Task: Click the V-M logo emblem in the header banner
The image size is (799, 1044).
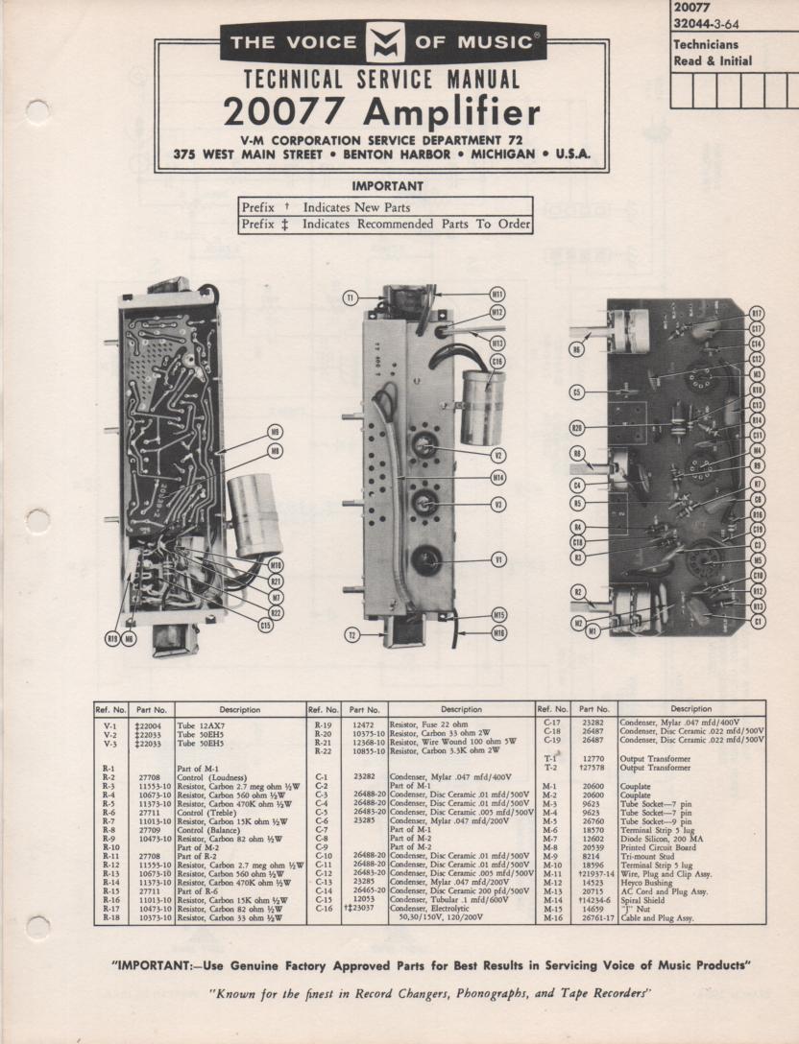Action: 383,43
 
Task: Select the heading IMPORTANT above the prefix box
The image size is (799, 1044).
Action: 387,186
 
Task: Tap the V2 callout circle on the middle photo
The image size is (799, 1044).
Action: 498,455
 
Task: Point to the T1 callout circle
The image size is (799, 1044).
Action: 351,299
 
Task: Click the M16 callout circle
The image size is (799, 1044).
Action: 498,633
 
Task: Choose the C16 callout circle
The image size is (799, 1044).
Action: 496,361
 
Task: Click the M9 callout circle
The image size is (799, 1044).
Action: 276,432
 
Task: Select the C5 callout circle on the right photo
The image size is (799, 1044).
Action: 577,392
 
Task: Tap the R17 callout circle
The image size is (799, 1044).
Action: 757,313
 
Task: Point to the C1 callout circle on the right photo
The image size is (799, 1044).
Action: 758,622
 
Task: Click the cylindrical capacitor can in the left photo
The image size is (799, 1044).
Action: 254,513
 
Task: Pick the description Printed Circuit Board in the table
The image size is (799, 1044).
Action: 659,846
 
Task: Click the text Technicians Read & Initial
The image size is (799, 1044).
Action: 713,53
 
